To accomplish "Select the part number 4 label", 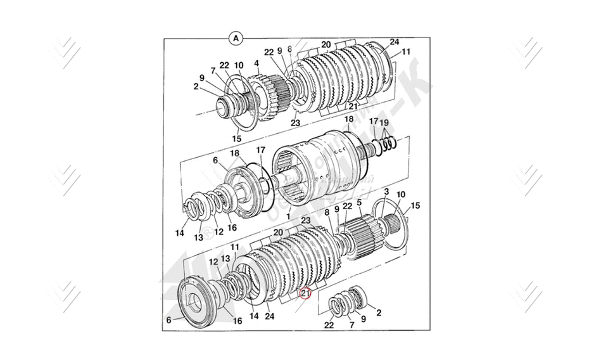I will [256, 63].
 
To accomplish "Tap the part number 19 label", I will [384, 122].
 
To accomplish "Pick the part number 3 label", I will [386, 191].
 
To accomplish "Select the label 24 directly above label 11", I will [395, 42].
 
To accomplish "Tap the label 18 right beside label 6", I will [234, 153].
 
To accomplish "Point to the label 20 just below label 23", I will [277, 233].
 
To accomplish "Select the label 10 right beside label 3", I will [400, 195].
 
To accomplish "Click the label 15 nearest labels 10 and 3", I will [415, 205].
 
